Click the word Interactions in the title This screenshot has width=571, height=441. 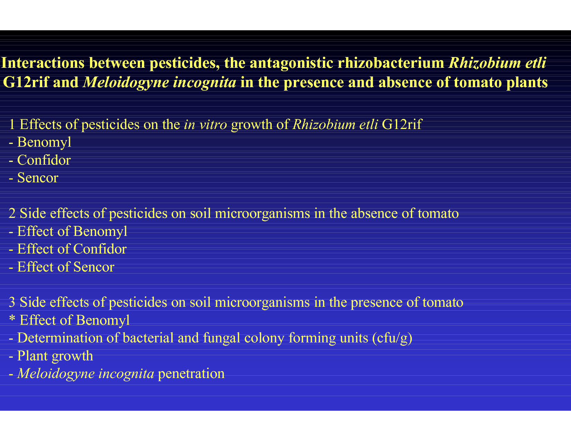click(x=43, y=63)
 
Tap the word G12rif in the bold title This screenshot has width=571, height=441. click(x=26, y=82)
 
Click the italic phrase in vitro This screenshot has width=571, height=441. click(x=205, y=125)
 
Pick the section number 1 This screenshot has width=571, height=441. click(x=12, y=125)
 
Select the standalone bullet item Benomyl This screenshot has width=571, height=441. click(x=44, y=143)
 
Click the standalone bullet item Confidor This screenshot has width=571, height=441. click(x=44, y=160)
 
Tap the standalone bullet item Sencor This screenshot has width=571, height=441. click(x=38, y=178)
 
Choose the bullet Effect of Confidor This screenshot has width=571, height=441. click(x=72, y=249)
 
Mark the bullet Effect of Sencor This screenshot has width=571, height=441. click(x=66, y=267)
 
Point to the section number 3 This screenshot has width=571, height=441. click(x=12, y=302)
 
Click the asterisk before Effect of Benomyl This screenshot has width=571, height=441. click(x=12, y=318)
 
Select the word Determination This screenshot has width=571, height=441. click(x=60, y=338)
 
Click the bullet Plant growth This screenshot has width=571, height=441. click(x=55, y=356)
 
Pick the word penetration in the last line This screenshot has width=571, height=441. click(x=191, y=374)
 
